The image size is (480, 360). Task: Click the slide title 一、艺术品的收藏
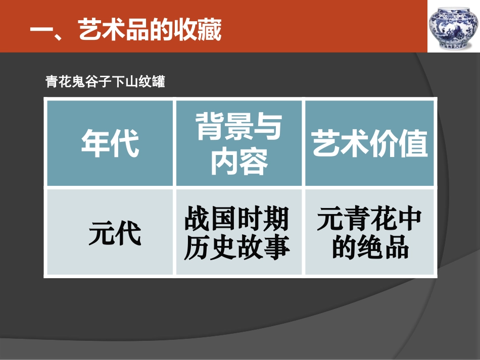126,31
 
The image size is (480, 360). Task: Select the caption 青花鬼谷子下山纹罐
105,81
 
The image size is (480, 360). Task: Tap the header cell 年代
110,143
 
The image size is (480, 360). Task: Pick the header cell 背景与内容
238,143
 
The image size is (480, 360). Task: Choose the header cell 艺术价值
370,143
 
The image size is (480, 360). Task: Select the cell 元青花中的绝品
370,233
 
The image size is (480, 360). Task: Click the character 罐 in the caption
159,81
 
